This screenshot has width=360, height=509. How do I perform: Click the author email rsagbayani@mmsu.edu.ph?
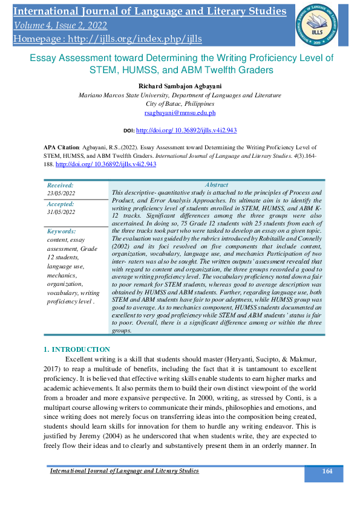[x=180, y=112]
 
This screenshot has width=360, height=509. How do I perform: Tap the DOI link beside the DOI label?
[x=186, y=130]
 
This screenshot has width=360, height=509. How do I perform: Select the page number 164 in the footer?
[x=327, y=472]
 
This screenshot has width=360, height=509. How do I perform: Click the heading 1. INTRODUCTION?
[x=77, y=349]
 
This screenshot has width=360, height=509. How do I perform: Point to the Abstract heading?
[x=217, y=185]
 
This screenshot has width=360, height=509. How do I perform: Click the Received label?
[x=60, y=185]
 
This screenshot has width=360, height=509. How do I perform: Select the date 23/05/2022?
[x=61, y=193]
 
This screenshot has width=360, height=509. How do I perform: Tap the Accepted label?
[x=61, y=204]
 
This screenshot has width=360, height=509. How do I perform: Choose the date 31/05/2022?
[x=61, y=212]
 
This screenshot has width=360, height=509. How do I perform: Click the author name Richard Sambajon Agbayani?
[x=180, y=86]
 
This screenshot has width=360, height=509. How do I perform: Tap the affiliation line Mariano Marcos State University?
[x=180, y=96]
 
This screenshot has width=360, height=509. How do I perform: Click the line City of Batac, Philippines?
[x=180, y=104]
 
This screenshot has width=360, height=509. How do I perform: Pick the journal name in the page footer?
[x=124, y=471]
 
